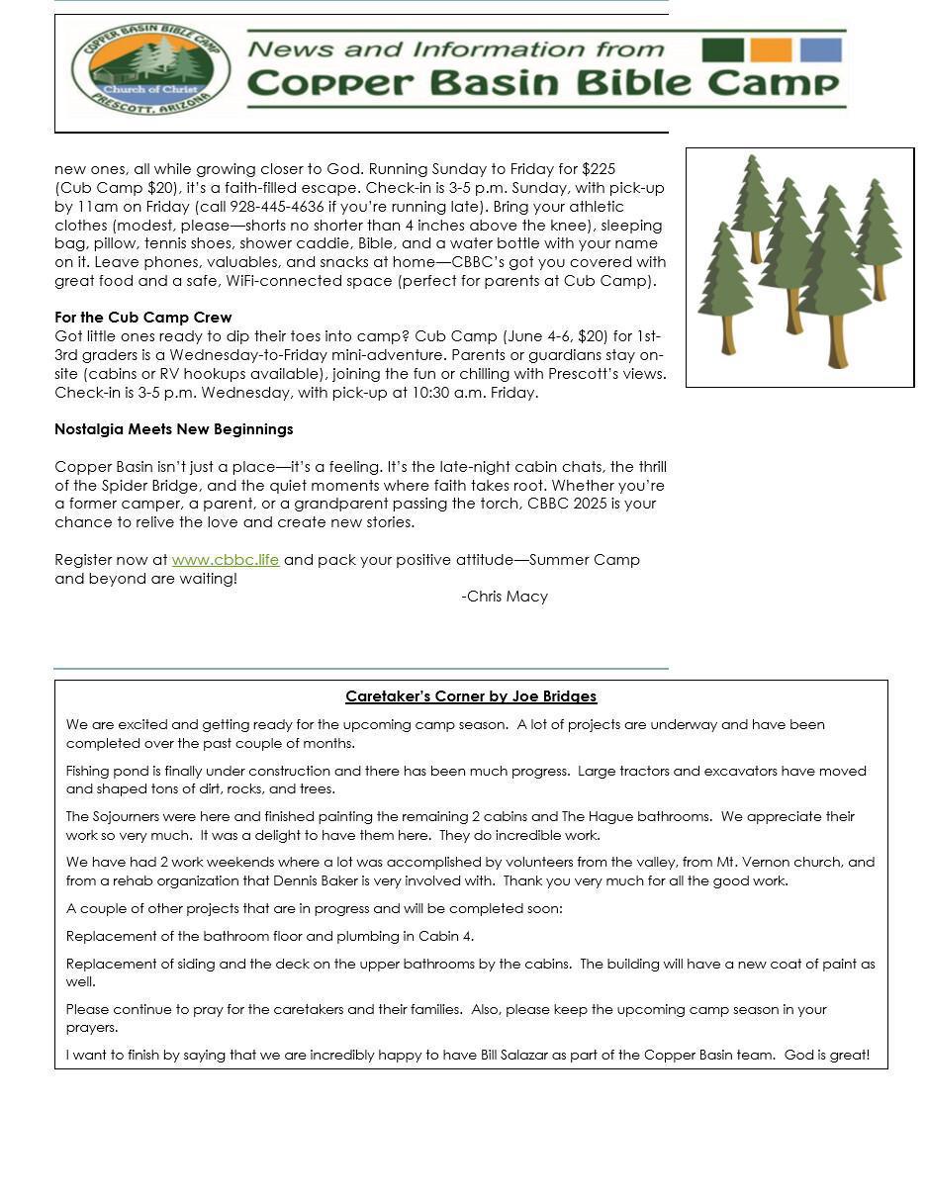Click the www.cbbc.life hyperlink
pos(226,560)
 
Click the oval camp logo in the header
pos(150,69)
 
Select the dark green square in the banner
pos(722,50)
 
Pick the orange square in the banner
pos(771,50)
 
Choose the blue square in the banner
pos(820,50)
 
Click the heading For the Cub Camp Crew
pos(142,318)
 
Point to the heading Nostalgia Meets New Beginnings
pos(173,429)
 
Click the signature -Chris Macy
pos(505,597)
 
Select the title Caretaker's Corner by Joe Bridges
pos(471,696)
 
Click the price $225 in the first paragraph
pos(599,169)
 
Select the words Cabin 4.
pos(445,936)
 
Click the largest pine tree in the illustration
pos(834,277)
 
